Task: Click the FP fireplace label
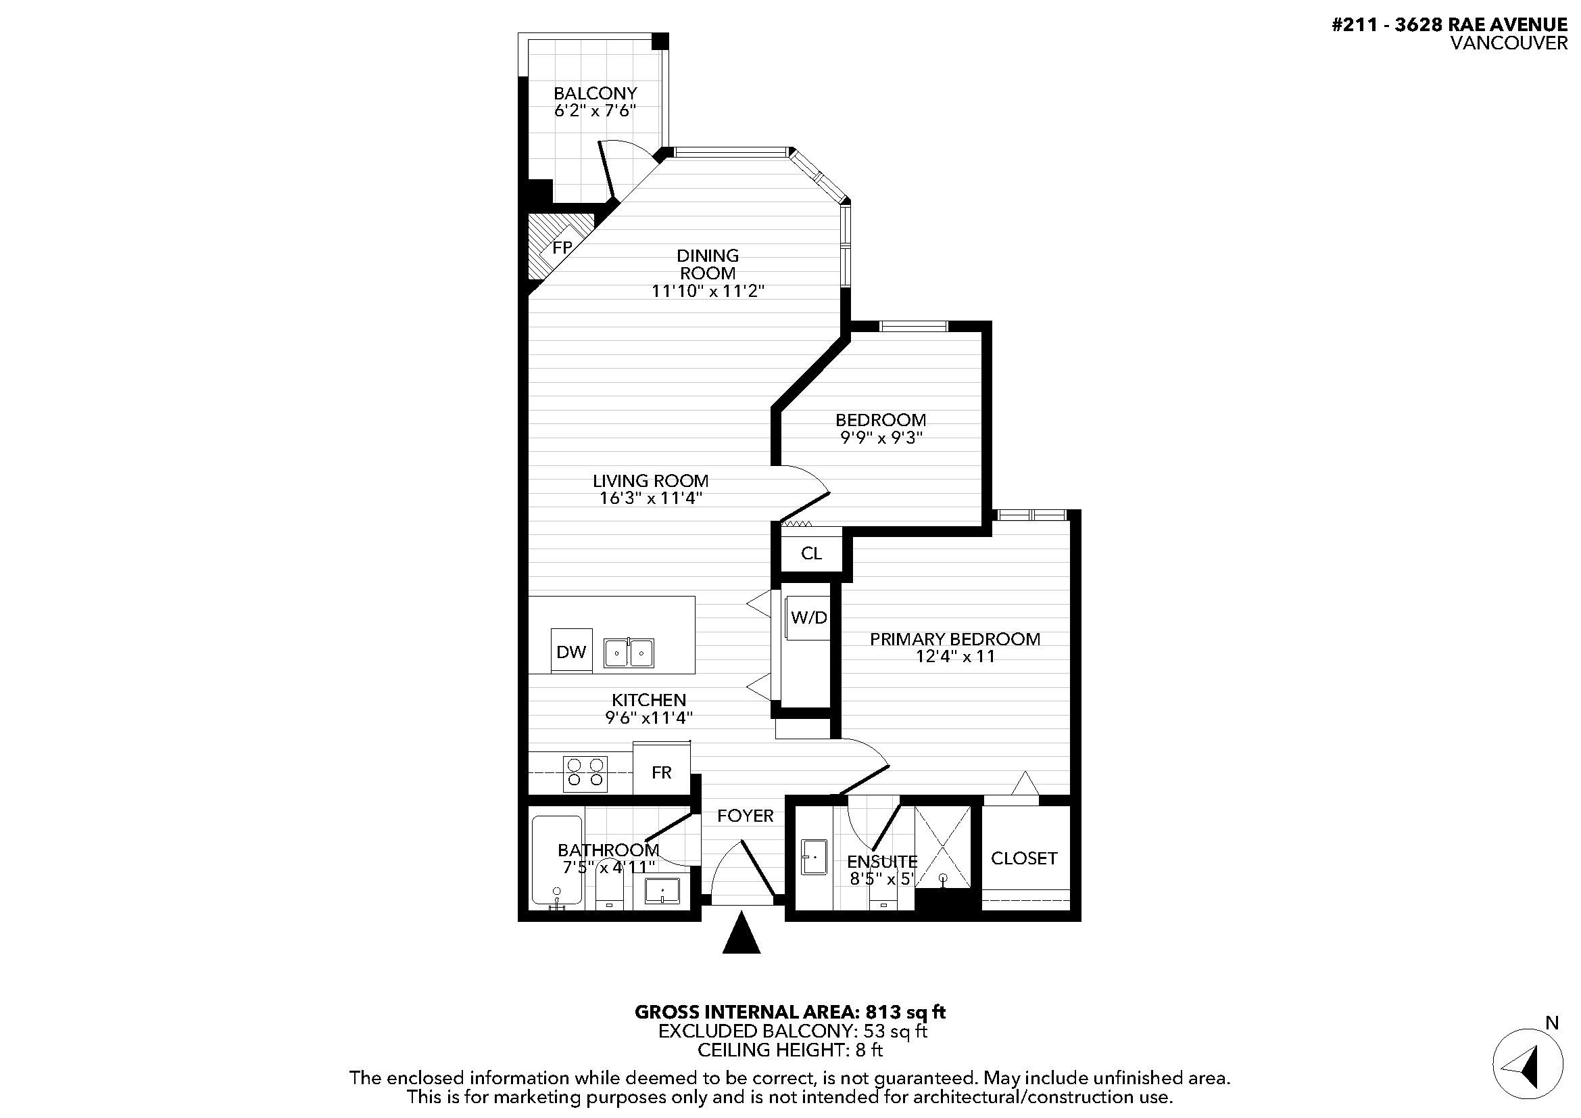pyautogui.click(x=562, y=248)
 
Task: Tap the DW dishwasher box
pyautogui.click(x=572, y=650)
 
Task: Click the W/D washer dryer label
pyautogui.click(x=808, y=618)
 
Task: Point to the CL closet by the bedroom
pyautogui.click(x=811, y=553)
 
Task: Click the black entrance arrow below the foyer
pyautogui.click(x=741, y=933)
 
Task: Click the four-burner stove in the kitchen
pyautogui.click(x=585, y=774)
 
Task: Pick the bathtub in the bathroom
pyautogui.click(x=557, y=861)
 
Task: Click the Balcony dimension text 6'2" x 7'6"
pyautogui.click(x=595, y=110)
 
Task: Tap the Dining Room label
pyautogui.click(x=708, y=264)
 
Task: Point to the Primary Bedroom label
pyautogui.click(x=955, y=638)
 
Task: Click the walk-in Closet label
pyautogui.click(x=1024, y=858)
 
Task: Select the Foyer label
pyautogui.click(x=745, y=816)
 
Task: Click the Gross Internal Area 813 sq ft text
pyautogui.click(x=789, y=1012)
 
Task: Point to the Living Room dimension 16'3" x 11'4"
pyautogui.click(x=651, y=498)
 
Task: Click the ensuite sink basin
pyautogui.click(x=813, y=858)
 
